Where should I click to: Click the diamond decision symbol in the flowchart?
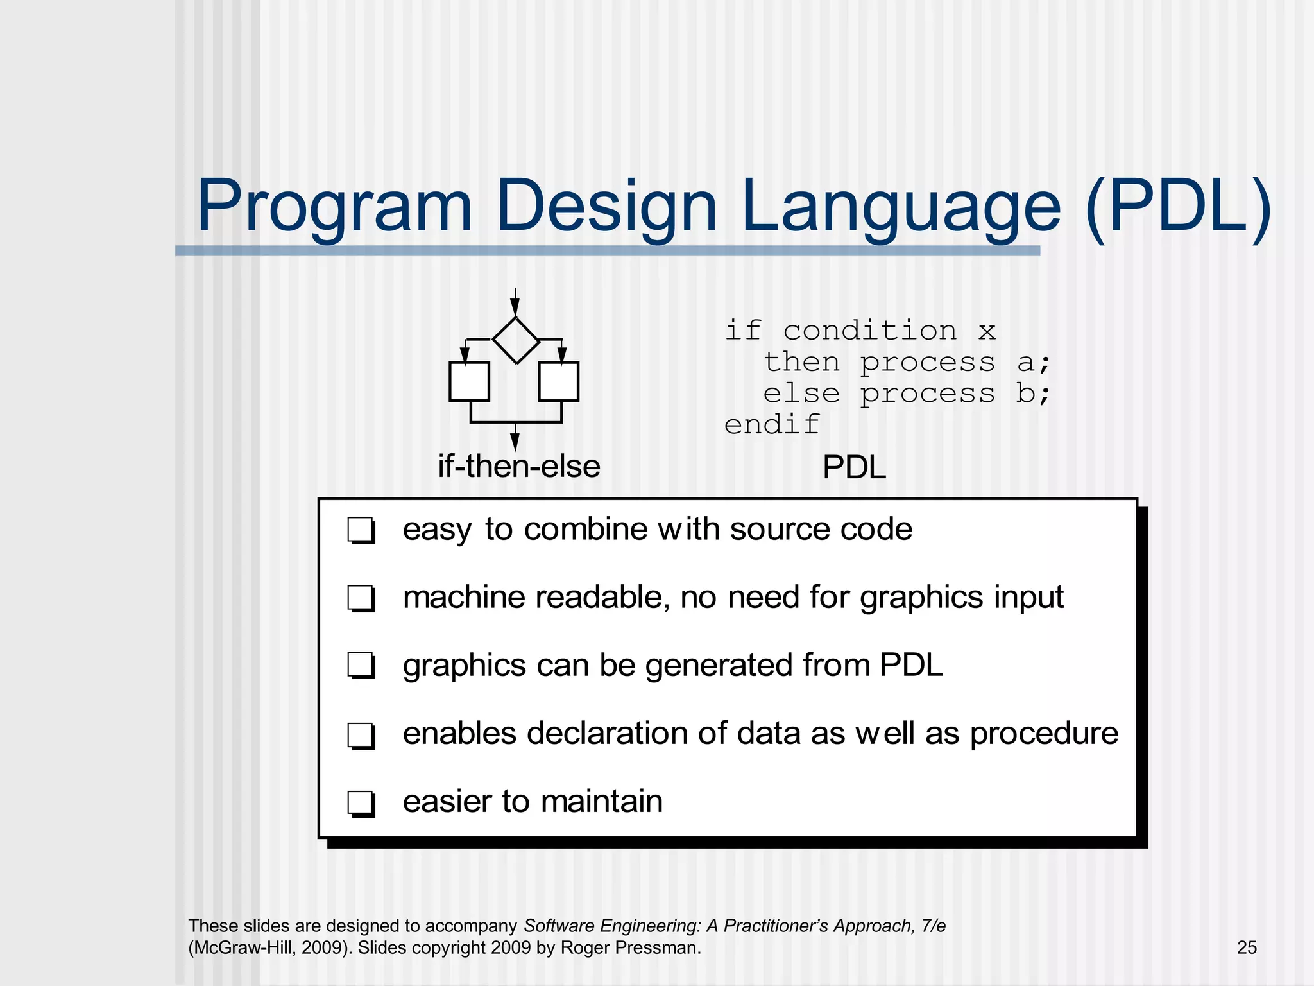(516, 340)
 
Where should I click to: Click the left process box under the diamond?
(469, 381)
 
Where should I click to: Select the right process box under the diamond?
(558, 381)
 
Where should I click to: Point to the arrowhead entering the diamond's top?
(515, 307)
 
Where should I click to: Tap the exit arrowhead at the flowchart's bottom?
(515, 442)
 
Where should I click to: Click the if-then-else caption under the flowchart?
(518, 466)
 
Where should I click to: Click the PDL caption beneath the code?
(854, 467)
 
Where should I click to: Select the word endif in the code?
(772, 425)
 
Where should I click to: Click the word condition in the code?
(869, 331)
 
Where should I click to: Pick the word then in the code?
(801, 363)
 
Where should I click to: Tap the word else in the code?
(801, 394)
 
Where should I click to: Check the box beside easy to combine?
(361, 531)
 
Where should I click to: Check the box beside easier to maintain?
(361, 803)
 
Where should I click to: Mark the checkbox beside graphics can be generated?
(361, 666)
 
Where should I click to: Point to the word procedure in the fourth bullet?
(1044, 734)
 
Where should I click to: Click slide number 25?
(1246, 947)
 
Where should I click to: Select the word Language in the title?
(900, 207)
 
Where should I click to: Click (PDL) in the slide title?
(1178, 207)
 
